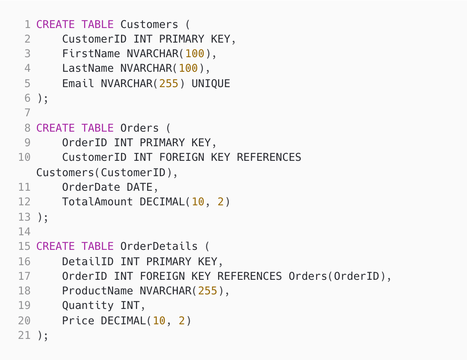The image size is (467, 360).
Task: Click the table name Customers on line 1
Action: click(x=149, y=25)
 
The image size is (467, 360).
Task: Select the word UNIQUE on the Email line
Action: click(x=211, y=83)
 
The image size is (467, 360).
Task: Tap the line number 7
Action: click(x=27, y=113)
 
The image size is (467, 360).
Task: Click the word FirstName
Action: click(x=91, y=54)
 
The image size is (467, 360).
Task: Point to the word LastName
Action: click(x=88, y=68)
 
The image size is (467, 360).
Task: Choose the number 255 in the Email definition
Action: click(x=169, y=83)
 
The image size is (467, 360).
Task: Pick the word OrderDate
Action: click(x=91, y=187)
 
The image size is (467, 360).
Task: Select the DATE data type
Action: click(x=139, y=187)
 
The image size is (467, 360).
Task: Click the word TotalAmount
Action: click(x=98, y=202)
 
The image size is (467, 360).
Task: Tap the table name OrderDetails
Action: click(x=159, y=246)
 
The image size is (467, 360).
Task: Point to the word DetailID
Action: click(x=88, y=261)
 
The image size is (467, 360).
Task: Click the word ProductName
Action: click(x=98, y=291)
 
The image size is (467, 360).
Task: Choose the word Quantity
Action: click(x=88, y=306)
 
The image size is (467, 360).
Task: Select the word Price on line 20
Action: click(x=78, y=320)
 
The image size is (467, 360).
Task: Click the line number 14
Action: click(x=24, y=231)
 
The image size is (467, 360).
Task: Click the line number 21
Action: click(x=24, y=335)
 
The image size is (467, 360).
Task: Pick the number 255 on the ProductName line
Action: click(x=208, y=291)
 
